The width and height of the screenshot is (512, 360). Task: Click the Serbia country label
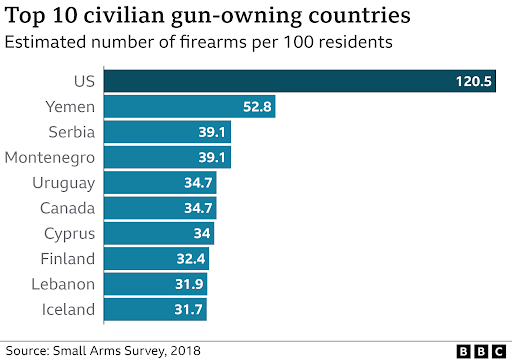click(72, 132)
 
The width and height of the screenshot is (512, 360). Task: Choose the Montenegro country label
click(50, 157)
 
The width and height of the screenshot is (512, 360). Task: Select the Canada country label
click(68, 208)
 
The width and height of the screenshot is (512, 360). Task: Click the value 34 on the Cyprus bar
click(202, 233)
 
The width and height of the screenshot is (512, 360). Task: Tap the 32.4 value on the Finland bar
click(191, 258)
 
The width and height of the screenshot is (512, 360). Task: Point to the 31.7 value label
click(188, 309)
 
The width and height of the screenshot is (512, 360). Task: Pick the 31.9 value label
click(189, 284)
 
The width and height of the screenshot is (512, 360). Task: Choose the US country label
click(85, 82)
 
